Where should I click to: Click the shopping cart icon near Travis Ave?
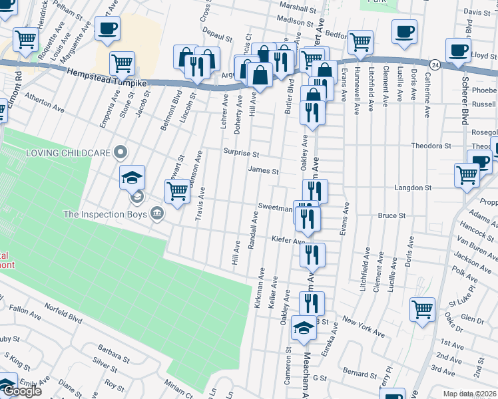coord(177,192)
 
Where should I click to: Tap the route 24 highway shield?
coord(435,65)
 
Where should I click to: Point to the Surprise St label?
coord(240,152)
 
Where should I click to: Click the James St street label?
coord(263,170)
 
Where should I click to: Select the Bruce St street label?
coord(391,215)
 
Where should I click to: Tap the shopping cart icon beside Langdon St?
coord(467,176)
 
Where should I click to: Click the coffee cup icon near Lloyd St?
coord(457,50)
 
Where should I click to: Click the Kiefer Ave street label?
coord(288,239)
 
